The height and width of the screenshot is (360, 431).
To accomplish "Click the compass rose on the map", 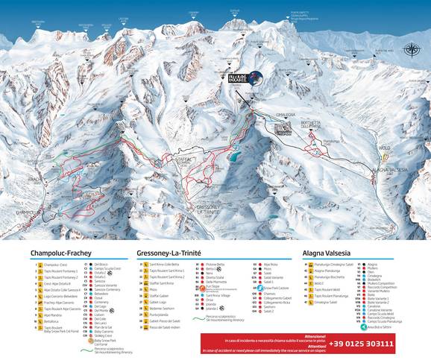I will click(x=411, y=51).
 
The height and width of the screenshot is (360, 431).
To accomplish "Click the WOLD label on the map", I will click(x=385, y=148).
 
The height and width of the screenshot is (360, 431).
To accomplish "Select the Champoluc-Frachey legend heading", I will click(x=60, y=253).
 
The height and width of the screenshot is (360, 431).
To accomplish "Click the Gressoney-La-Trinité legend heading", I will click(x=178, y=253).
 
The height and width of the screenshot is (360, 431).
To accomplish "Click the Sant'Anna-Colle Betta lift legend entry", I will click(x=167, y=264).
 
